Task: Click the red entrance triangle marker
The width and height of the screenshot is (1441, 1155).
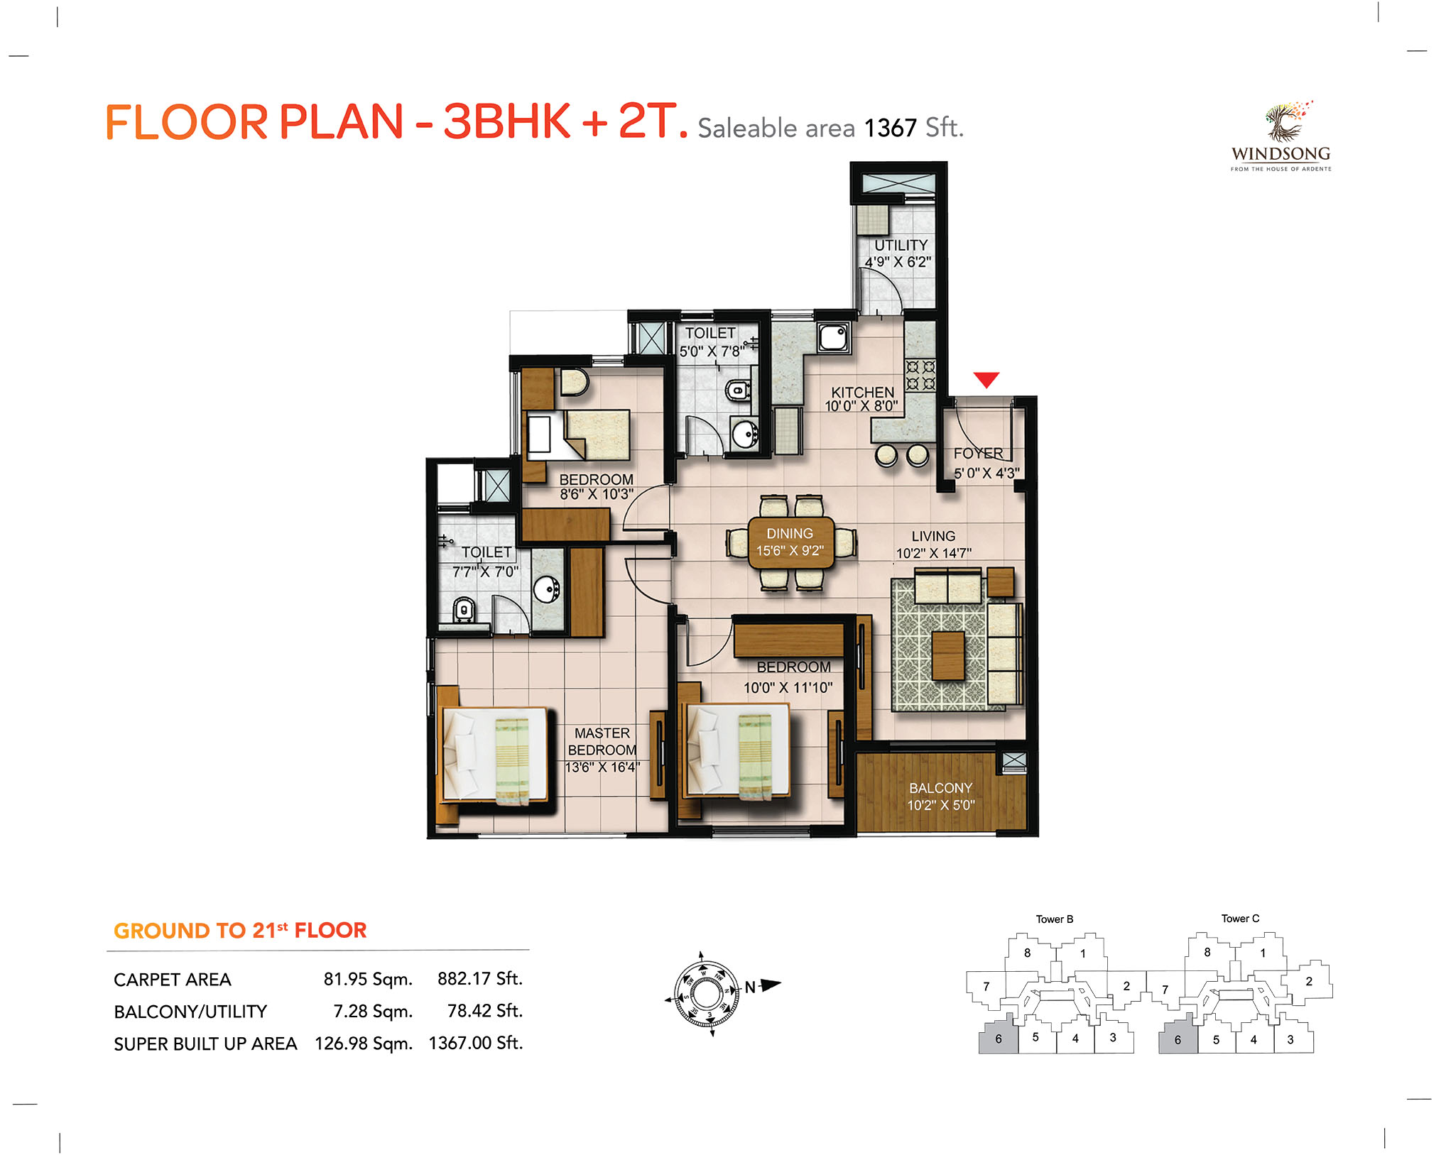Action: tap(986, 379)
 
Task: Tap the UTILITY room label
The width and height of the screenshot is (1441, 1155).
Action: tap(901, 245)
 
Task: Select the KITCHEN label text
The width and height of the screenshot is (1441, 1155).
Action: tap(863, 393)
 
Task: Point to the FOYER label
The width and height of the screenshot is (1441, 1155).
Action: tap(978, 453)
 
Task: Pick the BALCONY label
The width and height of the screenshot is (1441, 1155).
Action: tap(940, 788)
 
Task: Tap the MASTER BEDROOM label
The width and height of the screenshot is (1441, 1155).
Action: tap(602, 742)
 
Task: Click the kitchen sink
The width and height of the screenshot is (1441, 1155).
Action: tap(833, 337)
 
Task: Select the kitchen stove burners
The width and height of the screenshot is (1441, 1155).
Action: tap(920, 376)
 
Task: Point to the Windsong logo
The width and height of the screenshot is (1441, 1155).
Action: tap(1281, 136)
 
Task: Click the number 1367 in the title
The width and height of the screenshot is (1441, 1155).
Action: tap(890, 128)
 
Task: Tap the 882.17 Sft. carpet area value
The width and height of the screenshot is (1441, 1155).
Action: tap(480, 979)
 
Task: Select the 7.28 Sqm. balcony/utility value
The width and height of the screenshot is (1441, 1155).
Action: tap(373, 1011)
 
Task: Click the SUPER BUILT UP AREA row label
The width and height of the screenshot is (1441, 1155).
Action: tap(205, 1044)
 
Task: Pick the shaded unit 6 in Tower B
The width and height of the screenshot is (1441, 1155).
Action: tap(999, 1036)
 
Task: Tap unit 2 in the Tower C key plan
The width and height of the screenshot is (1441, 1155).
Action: tap(1309, 981)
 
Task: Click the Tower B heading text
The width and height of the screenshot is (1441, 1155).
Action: tap(1055, 919)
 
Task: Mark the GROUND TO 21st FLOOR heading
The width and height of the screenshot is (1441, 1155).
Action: tap(240, 930)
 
